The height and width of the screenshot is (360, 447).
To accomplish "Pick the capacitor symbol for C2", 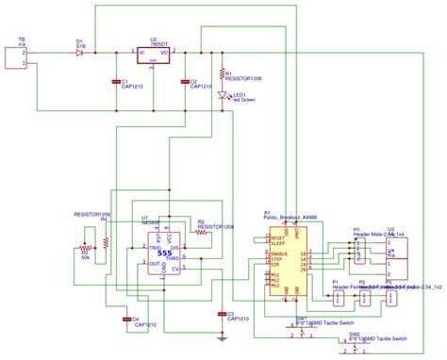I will [185, 82].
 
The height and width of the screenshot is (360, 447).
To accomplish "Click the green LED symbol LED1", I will [223, 95].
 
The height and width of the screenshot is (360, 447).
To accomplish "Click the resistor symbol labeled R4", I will [106, 240].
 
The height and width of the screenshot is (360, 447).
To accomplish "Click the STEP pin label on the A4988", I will [277, 260].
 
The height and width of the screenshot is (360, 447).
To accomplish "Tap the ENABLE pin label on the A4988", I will [279, 254].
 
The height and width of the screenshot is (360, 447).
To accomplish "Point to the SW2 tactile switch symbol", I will [355, 347].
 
